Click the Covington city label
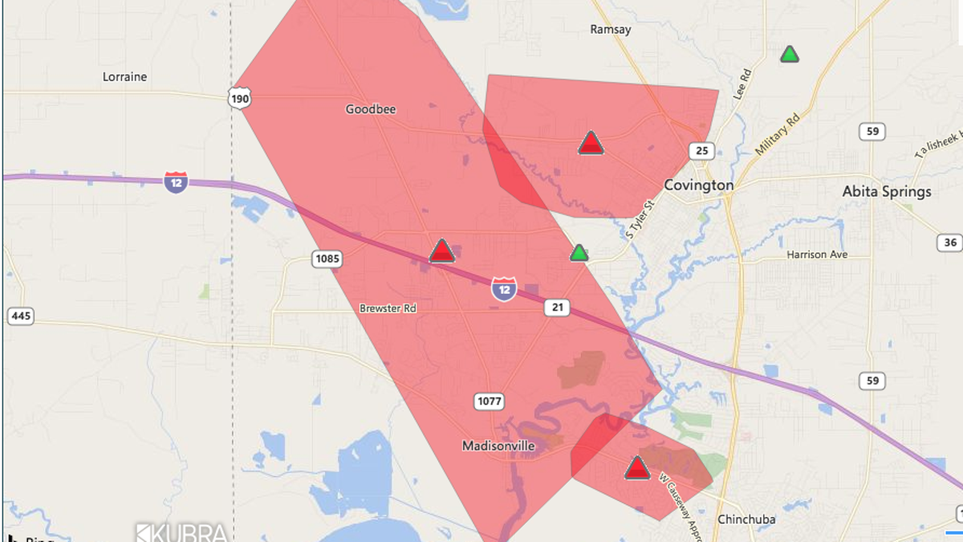(x=698, y=185)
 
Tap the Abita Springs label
(x=886, y=192)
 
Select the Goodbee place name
(x=371, y=109)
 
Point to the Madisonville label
(x=498, y=446)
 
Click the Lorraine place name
(x=124, y=77)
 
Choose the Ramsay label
(x=610, y=30)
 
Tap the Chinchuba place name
(x=746, y=520)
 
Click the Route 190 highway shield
(x=239, y=99)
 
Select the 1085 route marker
(x=327, y=259)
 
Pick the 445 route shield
(x=22, y=316)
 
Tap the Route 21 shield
(x=556, y=308)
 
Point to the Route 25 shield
(x=701, y=151)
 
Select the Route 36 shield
(x=950, y=242)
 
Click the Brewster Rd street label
(x=388, y=308)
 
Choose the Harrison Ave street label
(x=817, y=255)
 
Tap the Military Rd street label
(x=777, y=135)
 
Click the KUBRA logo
(x=181, y=532)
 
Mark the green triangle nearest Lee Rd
(x=790, y=55)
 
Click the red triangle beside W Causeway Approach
(x=637, y=468)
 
